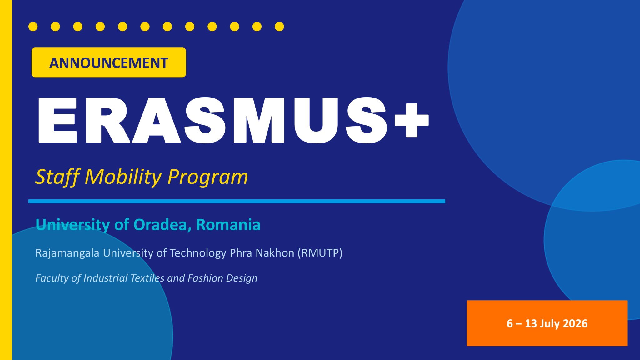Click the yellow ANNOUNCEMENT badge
(x=109, y=62)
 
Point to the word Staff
(x=57, y=177)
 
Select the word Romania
(x=228, y=225)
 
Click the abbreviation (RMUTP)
(x=320, y=253)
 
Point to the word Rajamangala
(x=67, y=253)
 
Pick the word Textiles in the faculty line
(x=147, y=278)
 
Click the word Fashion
(x=205, y=278)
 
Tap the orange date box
(x=547, y=323)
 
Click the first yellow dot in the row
(x=33, y=27)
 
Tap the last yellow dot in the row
(x=279, y=27)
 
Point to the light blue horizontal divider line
(x=237, y=201)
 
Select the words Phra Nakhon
(x=262, y=253)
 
